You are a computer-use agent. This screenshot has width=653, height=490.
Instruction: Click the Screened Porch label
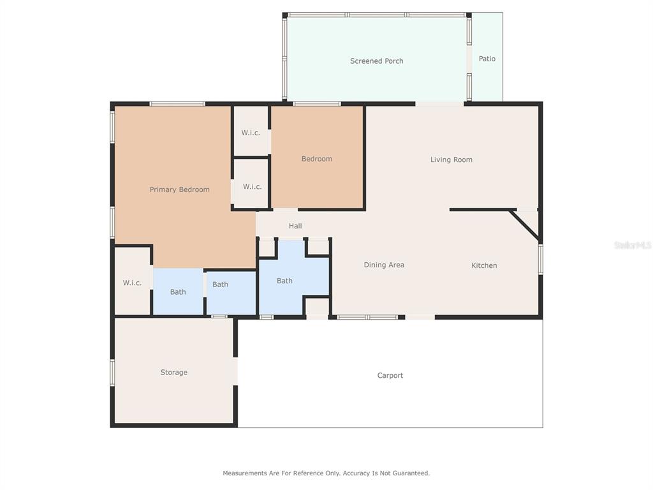pos(376,61)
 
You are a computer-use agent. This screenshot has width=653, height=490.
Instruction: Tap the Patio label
pos(487,59)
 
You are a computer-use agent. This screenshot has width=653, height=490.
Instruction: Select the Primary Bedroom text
pos(179,189)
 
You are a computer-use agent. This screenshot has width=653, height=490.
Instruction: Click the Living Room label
pos(451,160)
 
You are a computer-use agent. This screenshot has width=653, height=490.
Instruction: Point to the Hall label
pos(295,226)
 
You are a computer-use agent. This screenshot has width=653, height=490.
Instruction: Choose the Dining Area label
pos(384,265)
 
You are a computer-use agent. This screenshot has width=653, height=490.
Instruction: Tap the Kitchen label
pos(484,265)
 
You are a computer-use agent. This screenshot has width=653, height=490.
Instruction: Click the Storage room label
pos(173,373)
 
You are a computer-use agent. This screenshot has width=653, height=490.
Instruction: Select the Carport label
pos(390,375)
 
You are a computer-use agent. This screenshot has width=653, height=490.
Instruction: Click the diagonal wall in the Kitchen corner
pos(525,225)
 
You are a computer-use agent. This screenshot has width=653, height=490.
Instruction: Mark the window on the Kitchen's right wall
pos(541,259)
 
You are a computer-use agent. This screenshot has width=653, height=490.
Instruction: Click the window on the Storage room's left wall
pos(112,372)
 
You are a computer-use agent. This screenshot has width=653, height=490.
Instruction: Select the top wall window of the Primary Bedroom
pos(177,104)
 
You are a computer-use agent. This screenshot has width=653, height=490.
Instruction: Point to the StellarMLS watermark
pos(633,245)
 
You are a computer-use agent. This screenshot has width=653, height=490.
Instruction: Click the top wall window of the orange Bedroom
pos(317,104)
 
